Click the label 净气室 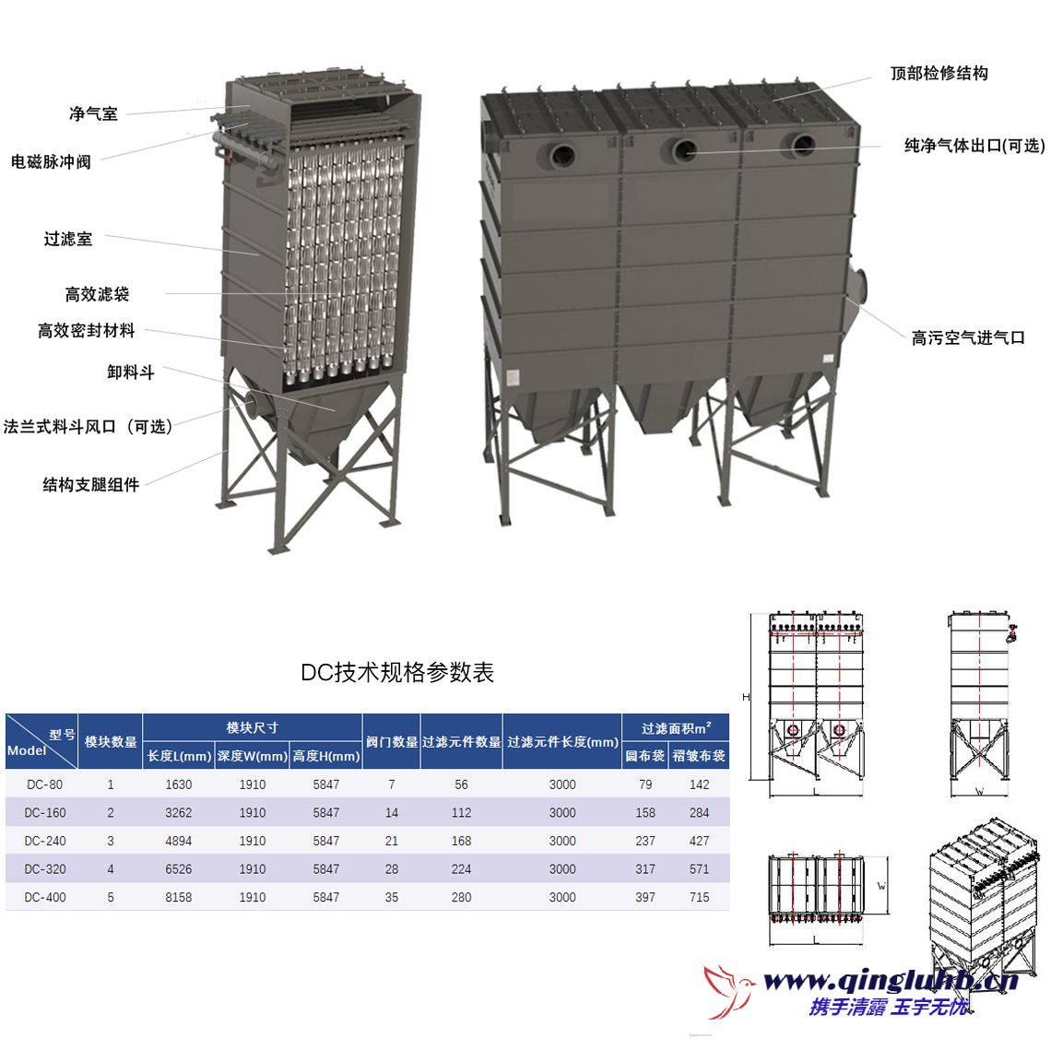point(93,114)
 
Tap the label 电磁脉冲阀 point(51,162)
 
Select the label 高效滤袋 point(97,295)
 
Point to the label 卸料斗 point(130,372)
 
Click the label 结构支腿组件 point(90,485)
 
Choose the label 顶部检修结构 point(939,74)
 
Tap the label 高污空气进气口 point(967,338)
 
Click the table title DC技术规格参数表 point(397,672)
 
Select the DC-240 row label point(45,841)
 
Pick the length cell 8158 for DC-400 point(179,897)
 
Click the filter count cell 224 point(461,869)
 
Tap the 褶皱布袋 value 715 point(699,897)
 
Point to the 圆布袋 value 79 point(645,785)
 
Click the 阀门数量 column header point(392,742)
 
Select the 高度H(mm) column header point(326,756)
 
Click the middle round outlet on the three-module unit point(684,149)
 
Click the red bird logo point(727,991)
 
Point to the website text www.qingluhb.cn point(890,980)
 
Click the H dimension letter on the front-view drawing point(746,697)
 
